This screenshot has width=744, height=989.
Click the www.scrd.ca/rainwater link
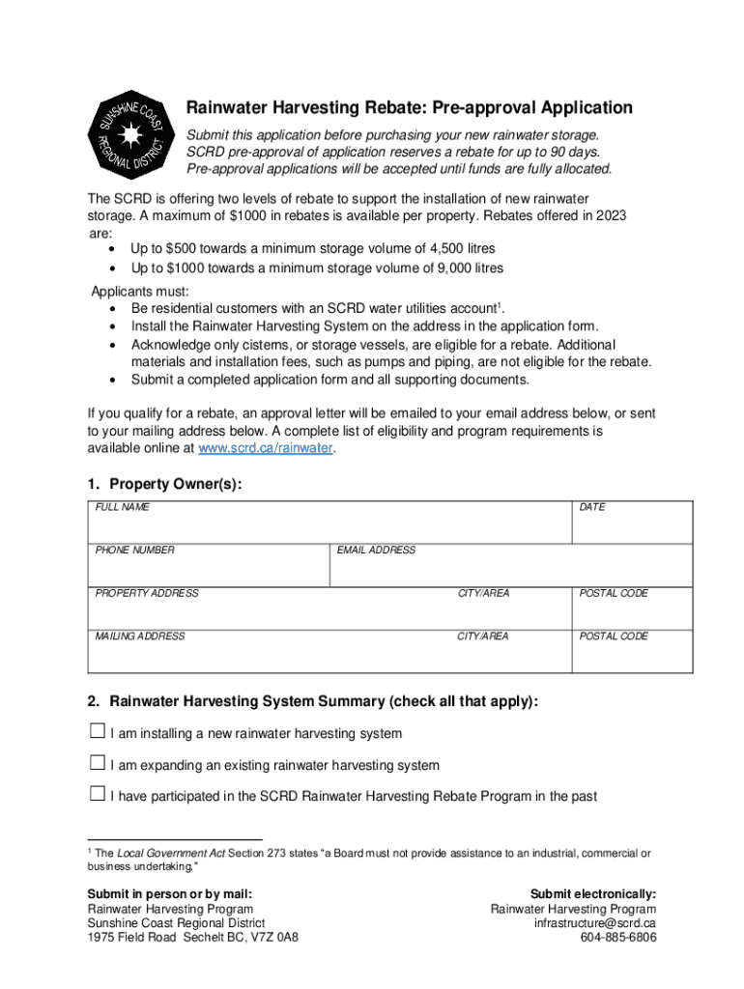[x=266, y=448]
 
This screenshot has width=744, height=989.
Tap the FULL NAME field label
[x=122, y=507]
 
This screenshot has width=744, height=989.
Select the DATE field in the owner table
[x=592, y=507]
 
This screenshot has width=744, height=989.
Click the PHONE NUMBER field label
[x=135, y=551]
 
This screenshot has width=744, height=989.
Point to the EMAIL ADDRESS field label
[x=376, y=551]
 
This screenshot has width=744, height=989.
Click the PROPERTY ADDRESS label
[x=147, y=593]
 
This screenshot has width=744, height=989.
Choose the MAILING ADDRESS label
[x=140, y=636]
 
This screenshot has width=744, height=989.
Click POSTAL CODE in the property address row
[x=614, y=593]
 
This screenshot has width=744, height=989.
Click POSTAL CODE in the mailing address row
[x=614, y=636]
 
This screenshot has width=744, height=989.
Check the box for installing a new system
[x=97, y=732]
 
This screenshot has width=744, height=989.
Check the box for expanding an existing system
[x=97, y=763]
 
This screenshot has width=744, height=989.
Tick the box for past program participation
[x=97, y=794]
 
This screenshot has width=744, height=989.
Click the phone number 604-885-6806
[x=618, y=937]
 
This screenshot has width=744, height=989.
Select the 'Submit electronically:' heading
[x=593, y=893]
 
